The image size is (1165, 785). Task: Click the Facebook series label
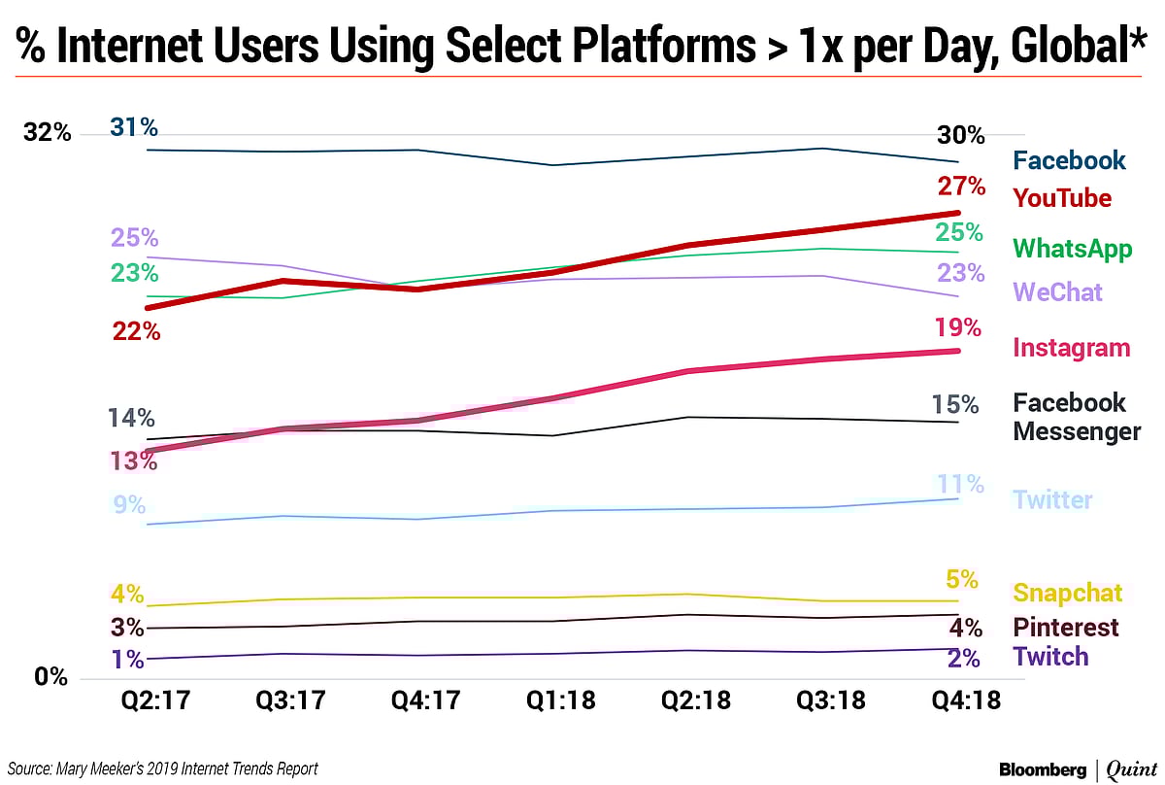(x=1069, y=160)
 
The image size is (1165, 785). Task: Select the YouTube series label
(x=1062, y=198)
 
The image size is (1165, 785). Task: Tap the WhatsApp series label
(x=1073, y=249)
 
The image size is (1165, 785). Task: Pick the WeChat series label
(x=1057, y=291)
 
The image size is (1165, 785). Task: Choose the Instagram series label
(x=1072, y=348)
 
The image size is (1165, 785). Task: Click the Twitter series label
(x=1052, y=500)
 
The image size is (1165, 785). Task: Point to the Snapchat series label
(x=1067, y=593)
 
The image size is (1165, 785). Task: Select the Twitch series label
(x=1050, y=656)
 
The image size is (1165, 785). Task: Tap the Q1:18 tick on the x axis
(x=552, y=700)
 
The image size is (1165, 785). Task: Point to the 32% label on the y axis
(x=48, y=133)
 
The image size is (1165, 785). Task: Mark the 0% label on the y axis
(x=51, y=677)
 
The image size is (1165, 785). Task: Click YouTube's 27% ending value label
(x=961, y=186)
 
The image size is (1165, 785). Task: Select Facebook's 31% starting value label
(x=134, y=127)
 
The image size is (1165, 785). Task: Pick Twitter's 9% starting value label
(x=128, y=505)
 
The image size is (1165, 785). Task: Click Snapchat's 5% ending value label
(x=961, y=580)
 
